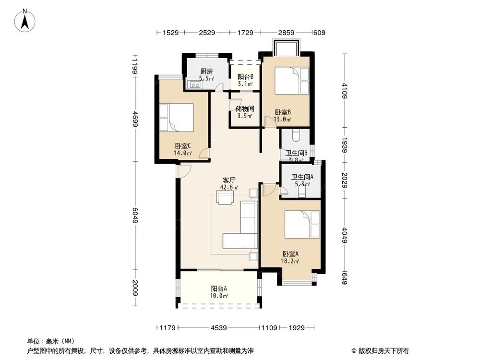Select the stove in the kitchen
click(196, 85)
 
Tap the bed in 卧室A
click(302, 224)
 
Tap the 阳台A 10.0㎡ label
click(219, 292)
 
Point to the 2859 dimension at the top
click(286, 33)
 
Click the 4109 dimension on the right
click(344, 91)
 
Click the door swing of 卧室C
click(204, 155)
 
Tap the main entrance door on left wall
click(183, 170)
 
